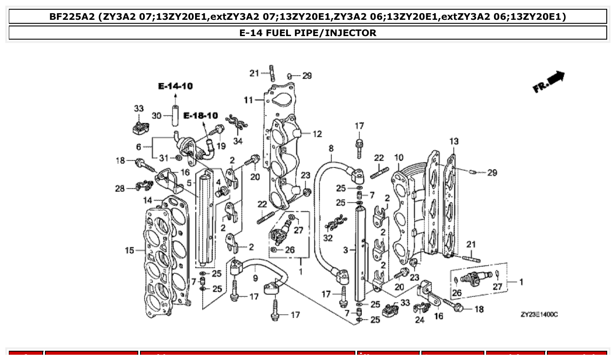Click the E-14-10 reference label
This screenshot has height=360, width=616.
(x=175, y=86)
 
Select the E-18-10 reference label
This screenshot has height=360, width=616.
(x=200, y=116)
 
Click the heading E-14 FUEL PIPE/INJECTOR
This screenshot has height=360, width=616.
(x=308, y=33)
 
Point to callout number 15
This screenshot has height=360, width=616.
(x=129, y=250)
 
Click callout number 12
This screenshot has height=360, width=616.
(x=317, y=134)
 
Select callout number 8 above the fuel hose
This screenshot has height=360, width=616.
(x=331, y=149)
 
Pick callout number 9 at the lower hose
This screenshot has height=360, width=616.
(x=255, y=278)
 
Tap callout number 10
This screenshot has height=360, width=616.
(x=398, y=158)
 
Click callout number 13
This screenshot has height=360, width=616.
(x=454, y=141)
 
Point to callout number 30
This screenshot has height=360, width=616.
(x=156, y=116)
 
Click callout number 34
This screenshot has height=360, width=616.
(x=238, y=141)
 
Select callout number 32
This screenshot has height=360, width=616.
(x=328, y=238)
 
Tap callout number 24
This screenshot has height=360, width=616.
(x=420, y=320)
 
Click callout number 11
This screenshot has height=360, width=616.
(x=248, y=100)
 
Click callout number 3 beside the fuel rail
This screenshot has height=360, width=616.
(x=346, y=250)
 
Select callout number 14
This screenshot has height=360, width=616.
(x=148, y=200)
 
